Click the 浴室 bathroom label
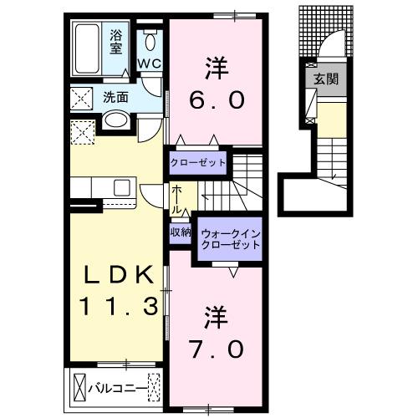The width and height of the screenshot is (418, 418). click(117, 42)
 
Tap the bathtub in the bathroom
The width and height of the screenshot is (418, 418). click(88, 48)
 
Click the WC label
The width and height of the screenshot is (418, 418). click(150, 63)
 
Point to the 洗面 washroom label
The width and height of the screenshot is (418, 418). click(116, 96)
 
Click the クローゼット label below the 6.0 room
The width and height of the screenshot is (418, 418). click(199, 161)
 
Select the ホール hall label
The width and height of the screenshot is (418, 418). click(177, 198)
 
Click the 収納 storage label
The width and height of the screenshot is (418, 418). click(181, 232)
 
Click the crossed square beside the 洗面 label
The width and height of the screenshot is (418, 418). click(84, 99)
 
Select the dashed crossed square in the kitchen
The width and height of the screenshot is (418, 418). click(83, 131)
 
